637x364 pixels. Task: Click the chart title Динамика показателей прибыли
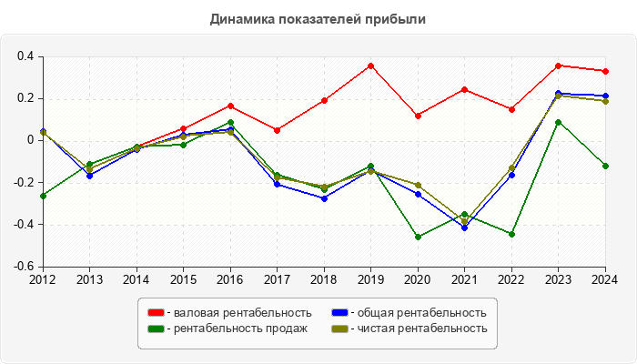point(318,19)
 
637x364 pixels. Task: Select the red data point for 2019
point(370,66)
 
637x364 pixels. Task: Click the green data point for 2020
point(418,237)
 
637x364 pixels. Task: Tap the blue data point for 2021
point(464,227)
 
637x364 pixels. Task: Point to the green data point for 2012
point(42,196)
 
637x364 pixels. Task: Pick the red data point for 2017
point(277,130)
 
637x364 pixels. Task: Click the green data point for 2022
point(511,234)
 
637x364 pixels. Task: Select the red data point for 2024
point(605,71)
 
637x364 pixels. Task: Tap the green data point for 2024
point(605,166)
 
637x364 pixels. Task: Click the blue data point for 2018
point(324,198)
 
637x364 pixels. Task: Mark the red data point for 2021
point(464,89)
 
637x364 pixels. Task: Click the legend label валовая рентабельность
point(239,313)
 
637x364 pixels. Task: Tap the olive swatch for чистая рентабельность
point(339,328)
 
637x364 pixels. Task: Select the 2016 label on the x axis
point(230,279)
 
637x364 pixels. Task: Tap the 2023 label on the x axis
point(558,279)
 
